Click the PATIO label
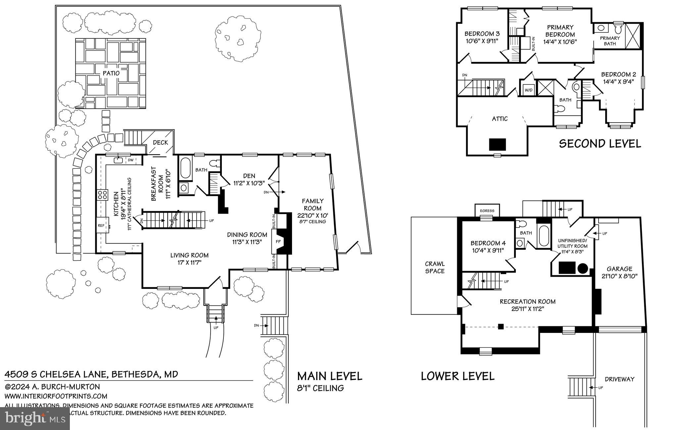pos(111,73)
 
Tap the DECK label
pos(161,142)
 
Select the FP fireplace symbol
pos(278,242)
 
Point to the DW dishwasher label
pos(130,160)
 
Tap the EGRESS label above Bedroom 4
pos(487,211)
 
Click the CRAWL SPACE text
pos(435,267)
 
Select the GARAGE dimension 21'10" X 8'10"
pos(619,276)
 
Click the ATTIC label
pos(500,119)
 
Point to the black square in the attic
pos(498,144)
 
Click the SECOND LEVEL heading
pos(600,143)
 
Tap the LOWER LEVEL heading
pos(458,376)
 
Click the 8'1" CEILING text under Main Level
pos(320,388)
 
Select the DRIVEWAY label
pos(619,379)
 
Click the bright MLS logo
pos(35,418)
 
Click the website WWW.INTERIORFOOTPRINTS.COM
pos(56,396)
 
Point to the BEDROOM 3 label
pos(482,33)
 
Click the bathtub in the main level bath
pos(185,168)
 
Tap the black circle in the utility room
pos(583,268)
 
